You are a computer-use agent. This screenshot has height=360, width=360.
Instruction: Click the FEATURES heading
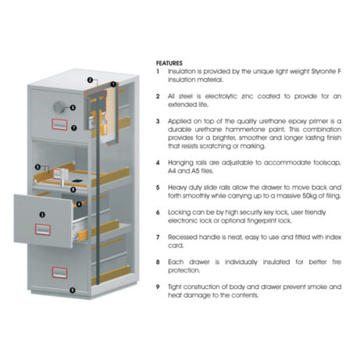[x=169, y=63]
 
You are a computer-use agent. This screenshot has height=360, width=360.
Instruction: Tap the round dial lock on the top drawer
[x=59, y=107]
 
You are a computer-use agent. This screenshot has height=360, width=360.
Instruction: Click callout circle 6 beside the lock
[x=73, y=108]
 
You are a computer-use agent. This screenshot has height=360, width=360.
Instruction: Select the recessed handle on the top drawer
[x=59, y=124]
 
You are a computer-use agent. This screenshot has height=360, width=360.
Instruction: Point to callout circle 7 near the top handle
[x=74, y=128]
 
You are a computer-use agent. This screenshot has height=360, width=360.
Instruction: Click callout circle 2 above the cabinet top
[x=90, y=80]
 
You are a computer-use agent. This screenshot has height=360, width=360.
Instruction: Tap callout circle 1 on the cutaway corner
[x=113, y=84]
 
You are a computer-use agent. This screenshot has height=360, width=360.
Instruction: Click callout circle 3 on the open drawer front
[x=42, y=215]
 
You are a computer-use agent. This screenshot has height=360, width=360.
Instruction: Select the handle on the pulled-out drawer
[x=43, y=230]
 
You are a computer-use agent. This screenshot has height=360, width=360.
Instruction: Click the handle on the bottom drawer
[x=59, y=273]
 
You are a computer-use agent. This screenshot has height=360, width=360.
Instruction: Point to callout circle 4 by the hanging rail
[x=79, y=205]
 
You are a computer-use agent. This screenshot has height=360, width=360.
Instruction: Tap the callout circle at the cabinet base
[x=73, y=290]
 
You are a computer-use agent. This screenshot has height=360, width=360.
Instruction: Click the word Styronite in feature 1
[x=322, y=71]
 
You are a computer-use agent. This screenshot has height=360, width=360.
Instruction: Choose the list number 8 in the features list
[x=158, y=262]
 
